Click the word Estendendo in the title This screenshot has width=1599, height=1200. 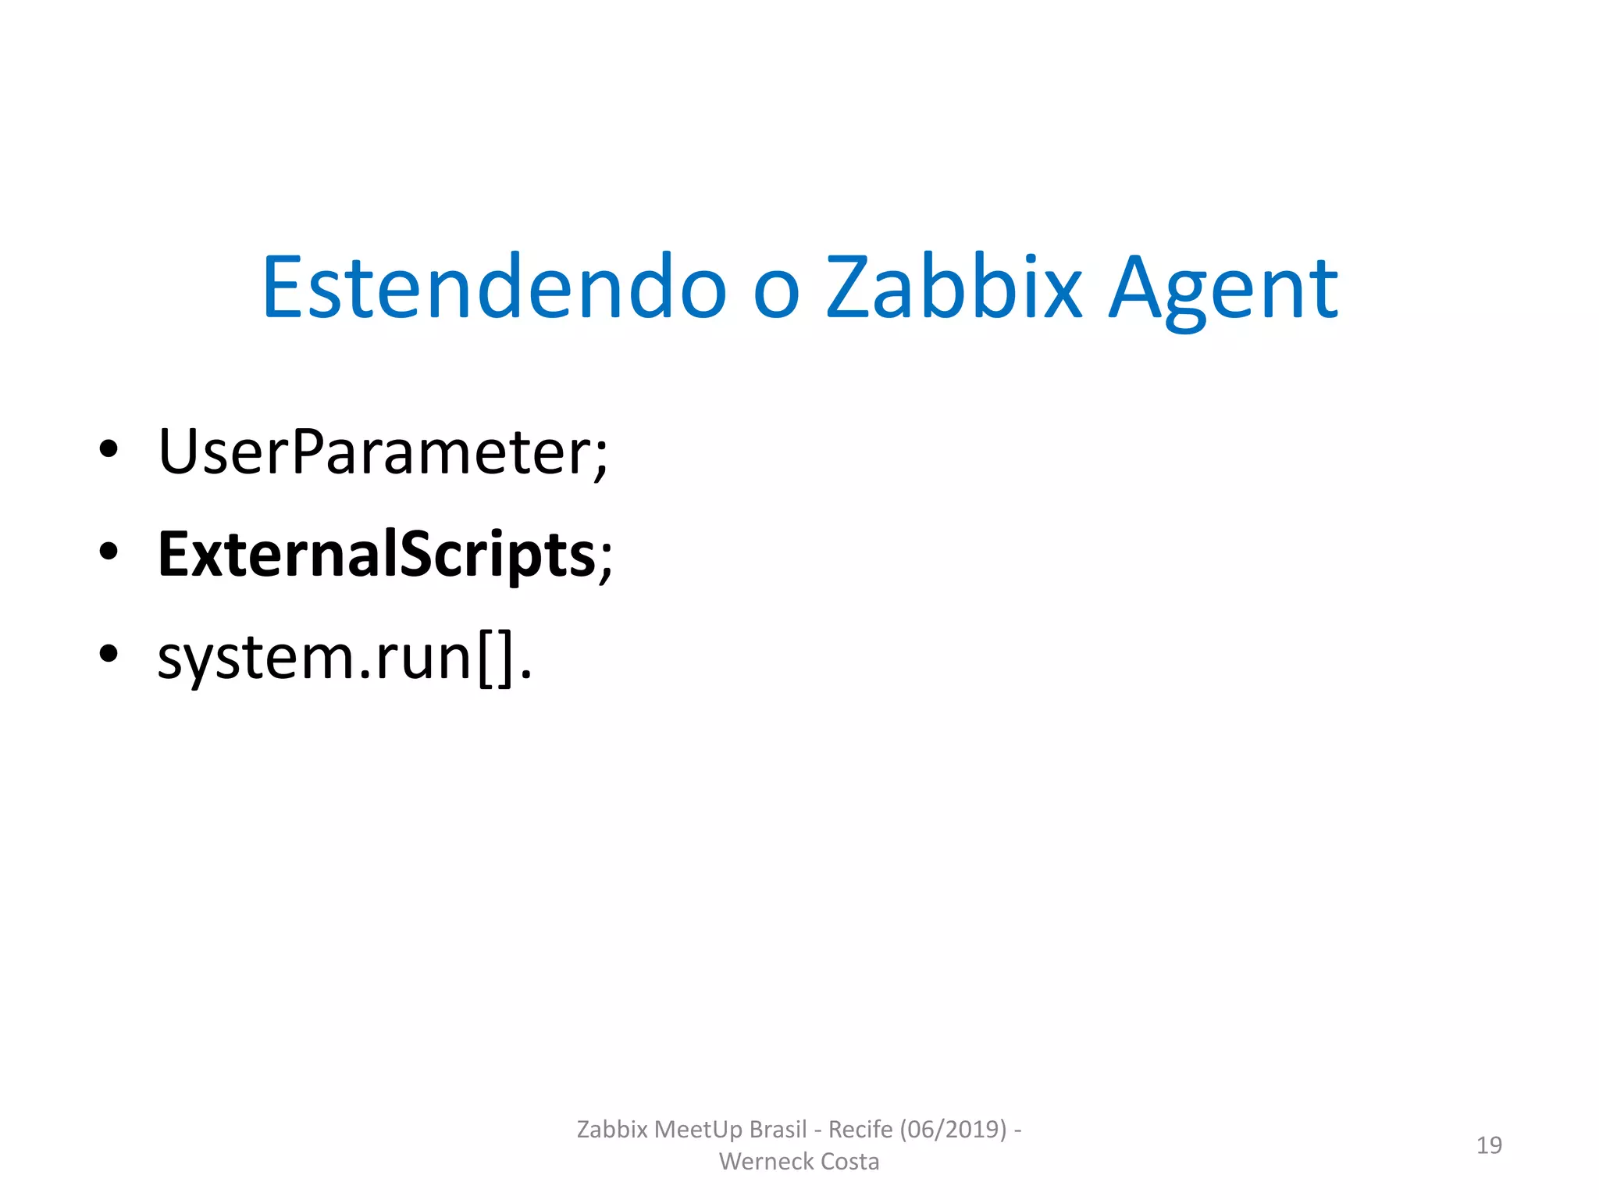494,288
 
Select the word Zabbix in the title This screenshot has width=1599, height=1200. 954,288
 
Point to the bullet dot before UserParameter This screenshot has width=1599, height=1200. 109,449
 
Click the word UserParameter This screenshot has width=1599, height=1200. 374,452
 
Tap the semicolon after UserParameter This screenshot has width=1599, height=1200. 600,459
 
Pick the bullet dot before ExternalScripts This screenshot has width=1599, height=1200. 109,552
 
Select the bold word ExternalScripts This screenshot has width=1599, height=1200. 377,555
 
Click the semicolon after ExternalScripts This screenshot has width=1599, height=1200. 606,562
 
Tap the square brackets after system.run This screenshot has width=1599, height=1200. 497,660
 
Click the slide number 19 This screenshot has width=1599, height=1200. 1489,1145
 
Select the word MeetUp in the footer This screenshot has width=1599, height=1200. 699,1130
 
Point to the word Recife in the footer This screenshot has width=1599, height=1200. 860,1130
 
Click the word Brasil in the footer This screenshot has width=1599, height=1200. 778,1130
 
